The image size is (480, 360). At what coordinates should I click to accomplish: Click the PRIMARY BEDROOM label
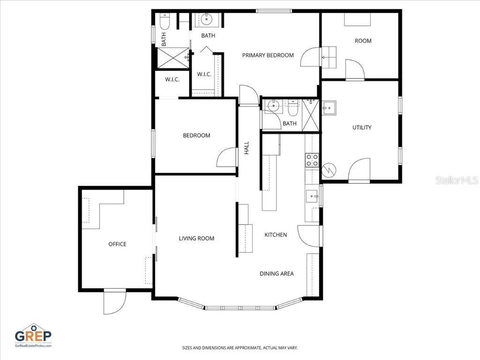[268, 55]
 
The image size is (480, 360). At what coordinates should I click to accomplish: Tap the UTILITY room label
[362, 127]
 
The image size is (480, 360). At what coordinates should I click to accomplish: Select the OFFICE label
[117, 244]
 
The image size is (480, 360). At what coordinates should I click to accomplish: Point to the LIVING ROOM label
[196, 239]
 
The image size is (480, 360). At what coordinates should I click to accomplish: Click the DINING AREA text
[277, 274]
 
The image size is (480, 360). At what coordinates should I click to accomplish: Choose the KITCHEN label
[276, 235]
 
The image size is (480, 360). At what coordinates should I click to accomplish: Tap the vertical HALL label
[247, 148]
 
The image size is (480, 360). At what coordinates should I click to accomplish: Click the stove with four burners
[312, 160]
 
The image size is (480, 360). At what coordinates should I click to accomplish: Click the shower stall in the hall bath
[311, 115]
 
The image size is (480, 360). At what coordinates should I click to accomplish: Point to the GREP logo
[33, 335]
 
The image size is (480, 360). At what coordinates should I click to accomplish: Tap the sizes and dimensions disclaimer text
[240, 348]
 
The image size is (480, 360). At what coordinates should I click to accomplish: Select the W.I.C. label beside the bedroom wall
[172, 80]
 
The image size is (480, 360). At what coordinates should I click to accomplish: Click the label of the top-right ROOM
[363, 41]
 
